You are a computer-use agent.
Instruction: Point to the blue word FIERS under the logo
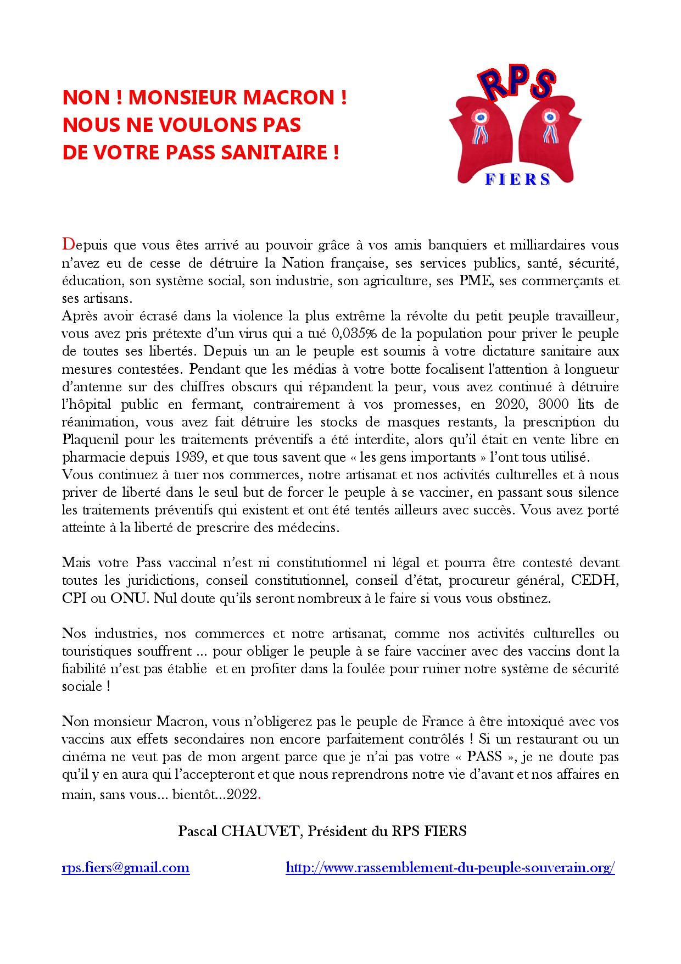tap(518, 180)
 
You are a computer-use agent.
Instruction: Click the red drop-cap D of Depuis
tap(68, 244)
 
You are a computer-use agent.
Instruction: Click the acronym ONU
tap(129, 599)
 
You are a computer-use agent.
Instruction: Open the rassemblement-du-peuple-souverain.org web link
tap(450, 868)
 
